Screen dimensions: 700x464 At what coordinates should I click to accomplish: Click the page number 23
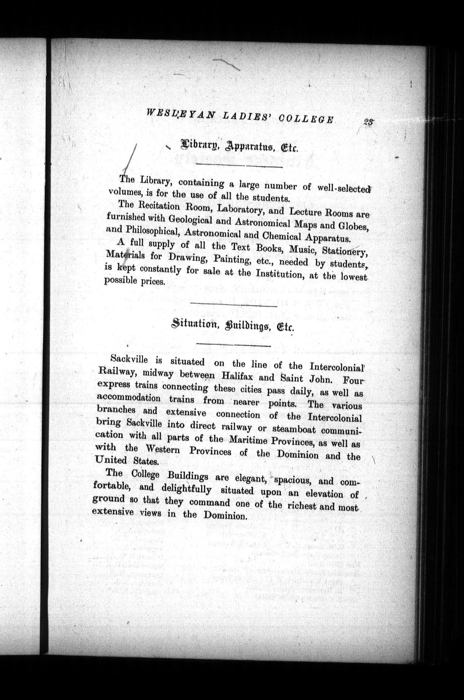click(368, 122)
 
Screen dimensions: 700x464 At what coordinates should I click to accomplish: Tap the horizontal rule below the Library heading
click(239, 166)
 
